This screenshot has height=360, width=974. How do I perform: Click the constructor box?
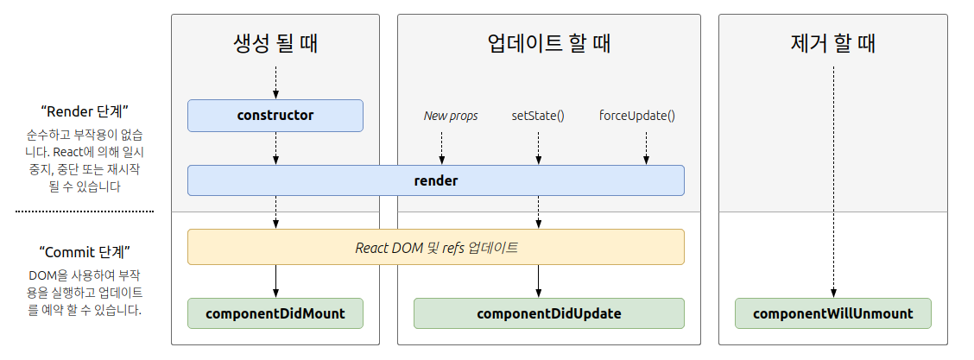[x=275, y=116]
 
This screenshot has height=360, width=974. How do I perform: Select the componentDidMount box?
[x=275, y=313]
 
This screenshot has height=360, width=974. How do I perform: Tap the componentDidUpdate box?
[x=548, y=313]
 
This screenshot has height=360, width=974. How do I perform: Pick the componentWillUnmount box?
[x=832, y=313]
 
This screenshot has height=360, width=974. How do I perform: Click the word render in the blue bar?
[x=436, y=181]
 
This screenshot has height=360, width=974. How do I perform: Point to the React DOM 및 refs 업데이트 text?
[x=436, y=247]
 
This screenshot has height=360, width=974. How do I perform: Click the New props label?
[x=450, y=116]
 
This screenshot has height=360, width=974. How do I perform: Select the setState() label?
[x=538, y=116]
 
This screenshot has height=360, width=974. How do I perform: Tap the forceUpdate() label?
[x=637, y=116]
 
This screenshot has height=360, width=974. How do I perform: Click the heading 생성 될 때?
[x=275, y=43]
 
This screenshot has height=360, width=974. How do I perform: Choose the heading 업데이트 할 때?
[x=548, y=43]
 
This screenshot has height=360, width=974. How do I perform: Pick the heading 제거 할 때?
[x=832, y=43]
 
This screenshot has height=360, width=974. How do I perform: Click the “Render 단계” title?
[x=85, y=111]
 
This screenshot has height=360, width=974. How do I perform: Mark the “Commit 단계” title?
[x=85, y=252]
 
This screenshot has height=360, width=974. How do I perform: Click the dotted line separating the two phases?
[x=85, y=211]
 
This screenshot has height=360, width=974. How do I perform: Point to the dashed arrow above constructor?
[x=275, y=82]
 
